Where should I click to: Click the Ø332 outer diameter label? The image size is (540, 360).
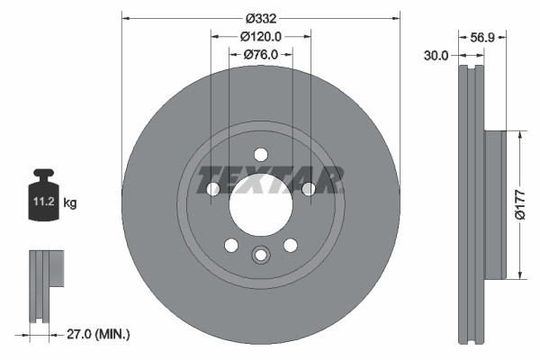[x=261, y=17]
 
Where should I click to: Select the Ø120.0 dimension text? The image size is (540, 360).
[x=262, y=36]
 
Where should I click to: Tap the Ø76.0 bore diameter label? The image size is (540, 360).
[x=262, y=55]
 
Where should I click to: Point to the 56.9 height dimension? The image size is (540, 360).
[x=483, y=37]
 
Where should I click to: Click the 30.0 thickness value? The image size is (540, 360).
[x=436, y=55]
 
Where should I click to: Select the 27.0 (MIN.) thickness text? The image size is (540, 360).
[x=99, y=334]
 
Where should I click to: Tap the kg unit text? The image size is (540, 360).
[x=70, y=204]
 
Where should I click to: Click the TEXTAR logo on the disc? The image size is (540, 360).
[x=271, y=179]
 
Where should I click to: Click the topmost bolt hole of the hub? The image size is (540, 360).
[x=260, y=154]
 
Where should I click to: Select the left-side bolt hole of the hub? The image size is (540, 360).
[x=213, y=189]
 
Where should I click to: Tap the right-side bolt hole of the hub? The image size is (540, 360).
[x=308, y=189]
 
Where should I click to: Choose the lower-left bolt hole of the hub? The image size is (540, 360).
[x=231, y=245]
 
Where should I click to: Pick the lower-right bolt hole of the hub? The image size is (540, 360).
[x=290, y=245]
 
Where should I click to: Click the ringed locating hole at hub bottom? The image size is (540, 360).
[x=260, y=255]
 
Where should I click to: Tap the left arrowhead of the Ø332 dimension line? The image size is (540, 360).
[x=125, y=17]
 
